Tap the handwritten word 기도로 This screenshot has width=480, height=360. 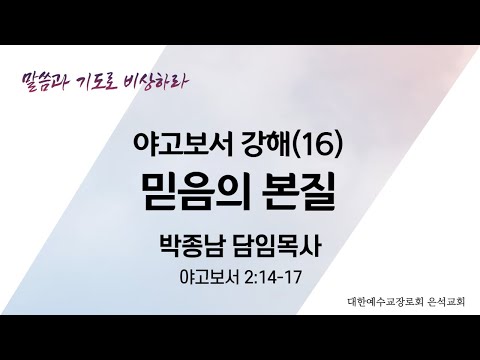108,76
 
